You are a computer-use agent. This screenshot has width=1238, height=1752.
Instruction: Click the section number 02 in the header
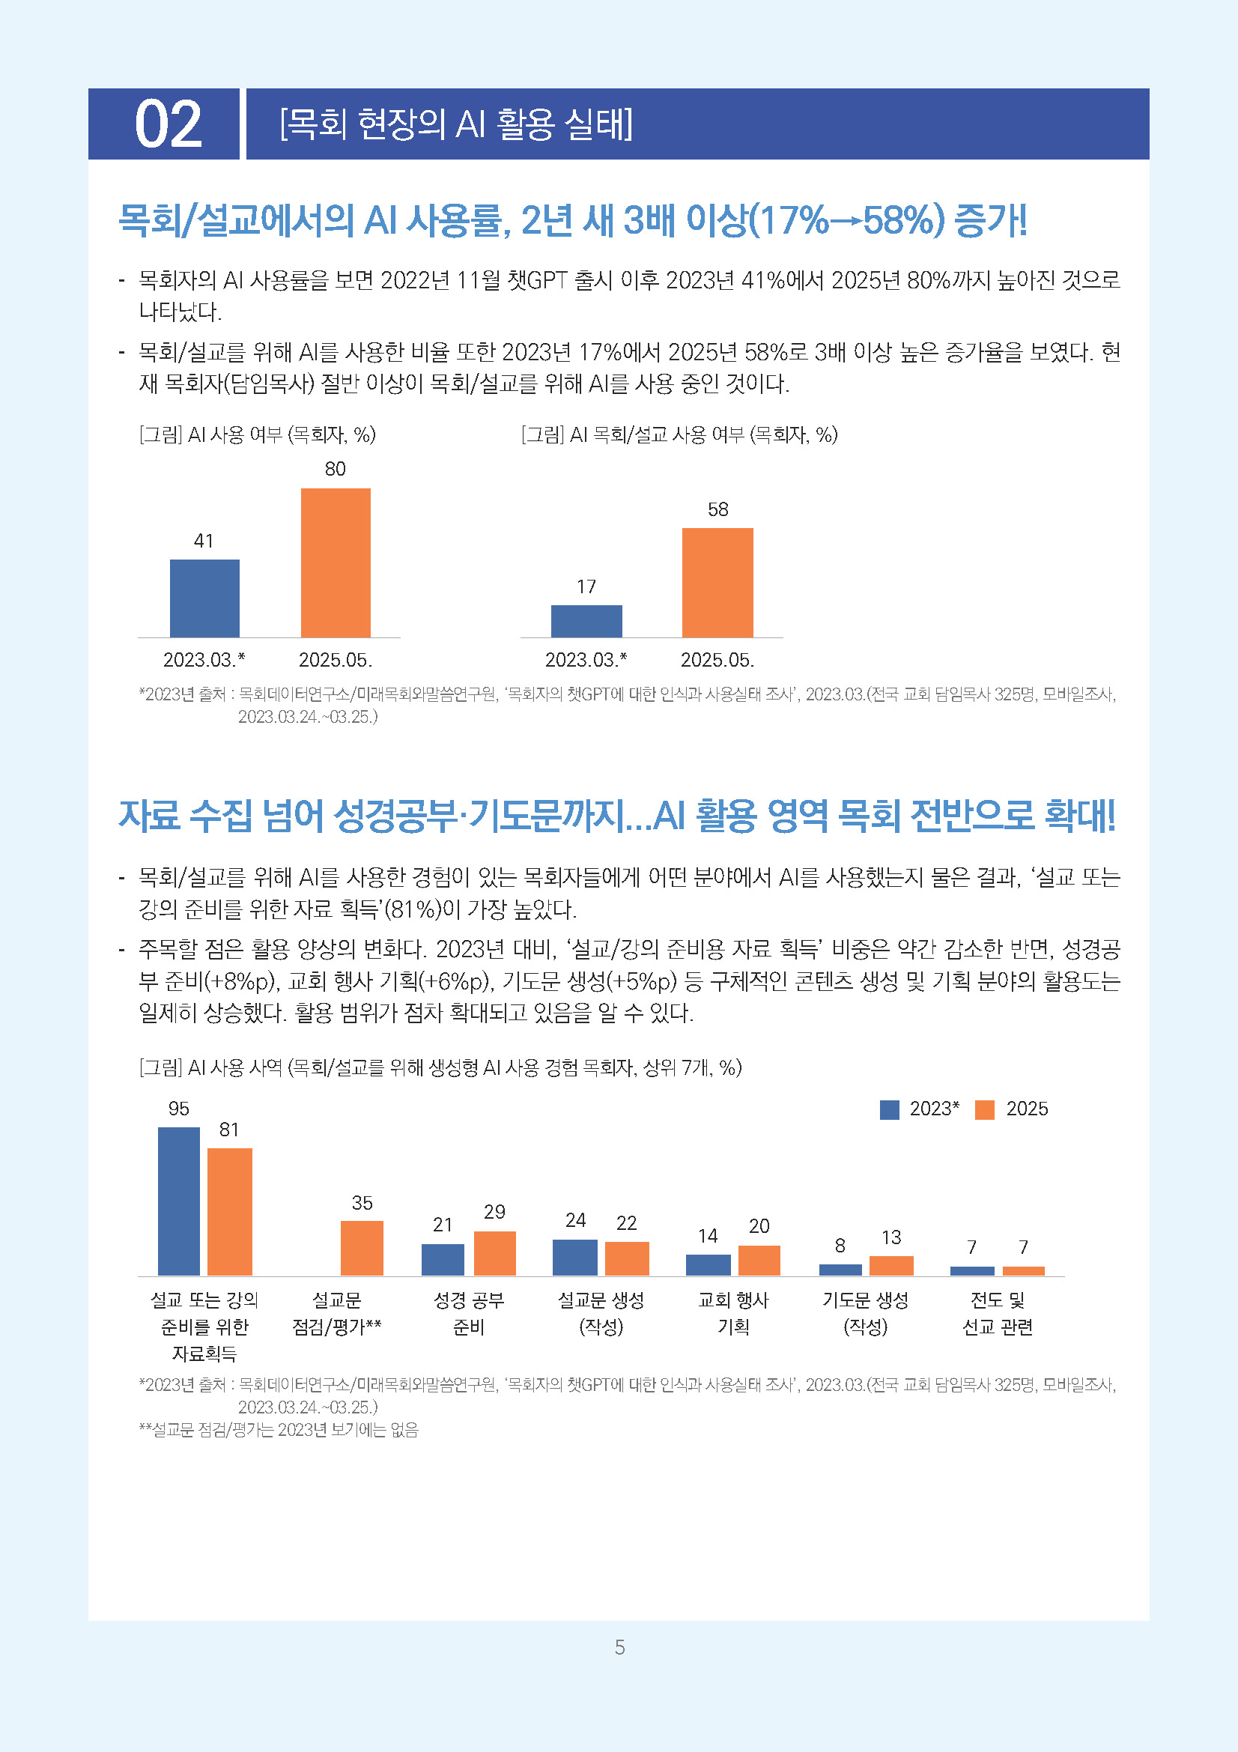click(168, 124)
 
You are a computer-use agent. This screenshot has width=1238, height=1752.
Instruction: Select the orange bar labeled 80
click(336, 563)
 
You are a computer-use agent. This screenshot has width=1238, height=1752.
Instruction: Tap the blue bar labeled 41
click(204, 598)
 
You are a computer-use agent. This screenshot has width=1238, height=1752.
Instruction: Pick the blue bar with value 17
click(586, 621)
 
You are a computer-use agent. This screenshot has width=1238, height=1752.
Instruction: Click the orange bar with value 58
click(717, 582)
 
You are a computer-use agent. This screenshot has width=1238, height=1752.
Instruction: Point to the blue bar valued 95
click(178, 1201)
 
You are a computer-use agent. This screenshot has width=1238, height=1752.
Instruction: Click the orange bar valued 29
click(494, 1253)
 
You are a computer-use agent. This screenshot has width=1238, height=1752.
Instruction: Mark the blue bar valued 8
click(840, 1270)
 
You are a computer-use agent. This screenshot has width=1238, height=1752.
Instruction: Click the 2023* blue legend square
click(890, 1109)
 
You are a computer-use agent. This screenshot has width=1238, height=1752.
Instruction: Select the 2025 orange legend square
click(985, 1109)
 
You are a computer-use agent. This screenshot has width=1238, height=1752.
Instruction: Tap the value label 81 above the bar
click(229, 1130)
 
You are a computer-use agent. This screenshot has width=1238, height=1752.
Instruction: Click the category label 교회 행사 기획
click(733, 1313)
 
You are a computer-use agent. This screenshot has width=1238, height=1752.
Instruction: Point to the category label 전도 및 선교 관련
click(997, 1313)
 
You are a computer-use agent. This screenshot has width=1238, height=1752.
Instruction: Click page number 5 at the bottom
click(619, 1647)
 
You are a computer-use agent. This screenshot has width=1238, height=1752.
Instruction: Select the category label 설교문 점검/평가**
click(336, 1313)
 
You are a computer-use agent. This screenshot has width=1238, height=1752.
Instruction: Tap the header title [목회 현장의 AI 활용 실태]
click(456, 124)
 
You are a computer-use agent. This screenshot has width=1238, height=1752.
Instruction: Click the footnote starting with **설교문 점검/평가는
click(279, 1430)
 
